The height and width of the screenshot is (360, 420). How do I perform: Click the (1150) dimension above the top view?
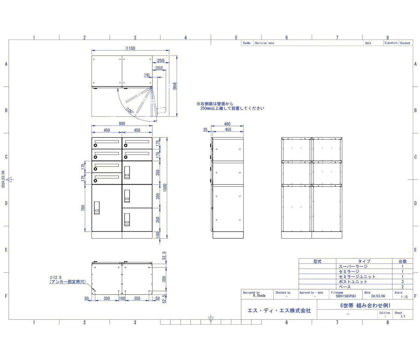[130, 48]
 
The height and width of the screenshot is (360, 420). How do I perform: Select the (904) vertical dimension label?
[175, 86]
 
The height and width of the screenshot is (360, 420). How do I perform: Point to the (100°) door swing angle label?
[130, 111]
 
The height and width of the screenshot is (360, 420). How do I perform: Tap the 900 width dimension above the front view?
[122, 123]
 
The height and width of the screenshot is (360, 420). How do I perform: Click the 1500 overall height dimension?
[165, 187]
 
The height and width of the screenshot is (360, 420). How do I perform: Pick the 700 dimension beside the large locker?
[83, 208]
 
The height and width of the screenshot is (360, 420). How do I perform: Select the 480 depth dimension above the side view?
[227, 124]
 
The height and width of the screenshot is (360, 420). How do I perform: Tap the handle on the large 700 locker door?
[97, 208]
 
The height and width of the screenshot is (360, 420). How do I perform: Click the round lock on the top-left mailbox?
[95, 145]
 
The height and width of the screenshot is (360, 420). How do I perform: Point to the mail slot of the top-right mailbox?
[137, 142]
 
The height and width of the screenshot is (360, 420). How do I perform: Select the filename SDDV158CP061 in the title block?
[346, 296]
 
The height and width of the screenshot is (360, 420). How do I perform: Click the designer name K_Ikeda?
[259, 295]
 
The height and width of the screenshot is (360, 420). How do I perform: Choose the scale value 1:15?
[404, 297]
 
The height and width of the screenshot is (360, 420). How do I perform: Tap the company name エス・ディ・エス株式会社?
[279, 310]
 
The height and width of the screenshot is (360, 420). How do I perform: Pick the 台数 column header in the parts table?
[402, 261]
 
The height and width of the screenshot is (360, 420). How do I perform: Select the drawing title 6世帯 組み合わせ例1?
[365, 305]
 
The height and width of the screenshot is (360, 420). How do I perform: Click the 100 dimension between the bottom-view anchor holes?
[122, 298]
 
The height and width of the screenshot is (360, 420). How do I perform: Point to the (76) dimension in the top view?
[147, 75]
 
